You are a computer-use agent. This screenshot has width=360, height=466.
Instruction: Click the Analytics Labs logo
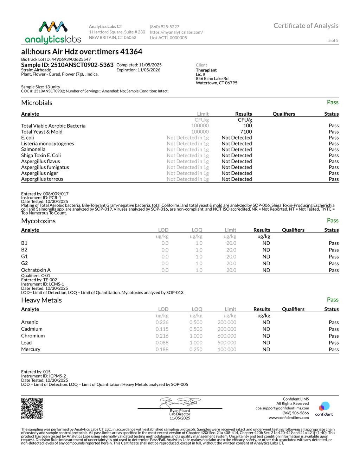pos(53,32)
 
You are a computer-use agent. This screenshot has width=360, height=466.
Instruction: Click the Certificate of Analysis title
pos(306,26)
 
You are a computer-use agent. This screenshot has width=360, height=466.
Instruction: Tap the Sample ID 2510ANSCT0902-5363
pos(67,65)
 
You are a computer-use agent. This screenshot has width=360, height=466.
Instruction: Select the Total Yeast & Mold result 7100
pos(246,132)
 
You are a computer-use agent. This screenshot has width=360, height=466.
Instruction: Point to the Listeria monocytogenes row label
pos(47,143)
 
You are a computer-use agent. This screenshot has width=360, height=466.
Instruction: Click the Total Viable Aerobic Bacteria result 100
pos(247,126)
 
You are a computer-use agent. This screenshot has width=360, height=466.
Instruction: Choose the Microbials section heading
pos(37,103)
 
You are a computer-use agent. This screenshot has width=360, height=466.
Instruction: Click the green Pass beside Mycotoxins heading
pos(332,221)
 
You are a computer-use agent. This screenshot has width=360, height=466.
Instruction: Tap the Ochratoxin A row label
pos(36,270)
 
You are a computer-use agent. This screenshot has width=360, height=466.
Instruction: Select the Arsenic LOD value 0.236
pos(162,322)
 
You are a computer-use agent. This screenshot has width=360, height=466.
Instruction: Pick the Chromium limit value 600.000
pos(227,336)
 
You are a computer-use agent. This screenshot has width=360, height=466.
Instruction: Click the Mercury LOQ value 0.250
pos(196,349)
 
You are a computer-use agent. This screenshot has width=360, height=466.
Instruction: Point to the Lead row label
pos(26,343)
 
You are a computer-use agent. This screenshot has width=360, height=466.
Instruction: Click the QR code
pos(32,408)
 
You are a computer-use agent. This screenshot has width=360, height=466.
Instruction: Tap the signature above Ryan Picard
pos(180,402)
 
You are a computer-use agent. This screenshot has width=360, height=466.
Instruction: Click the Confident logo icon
pos(324,407)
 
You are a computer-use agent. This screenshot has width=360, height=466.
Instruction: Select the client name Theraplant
pos(206,70)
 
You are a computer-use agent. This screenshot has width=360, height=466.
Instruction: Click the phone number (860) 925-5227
pos(165,27)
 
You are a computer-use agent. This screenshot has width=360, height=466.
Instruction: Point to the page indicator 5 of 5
pos(333,40)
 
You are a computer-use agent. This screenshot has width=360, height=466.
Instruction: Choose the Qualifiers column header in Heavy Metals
pos(293,309)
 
